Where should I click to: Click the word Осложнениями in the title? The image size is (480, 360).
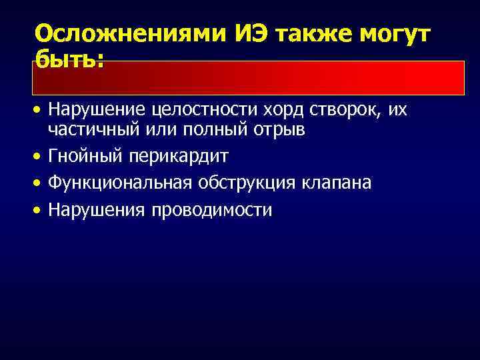tap(130, 34)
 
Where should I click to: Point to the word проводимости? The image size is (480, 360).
tap(212, 210)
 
